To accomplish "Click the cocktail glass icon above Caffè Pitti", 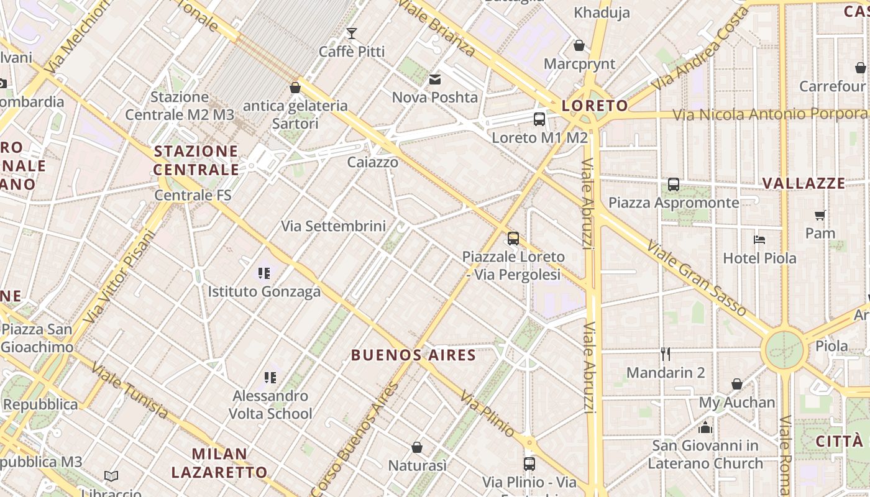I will pos(352,33).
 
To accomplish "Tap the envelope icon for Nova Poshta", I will pos(434,79).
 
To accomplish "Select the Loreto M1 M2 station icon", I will pos(539,119).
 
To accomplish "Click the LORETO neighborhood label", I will pos(595,106).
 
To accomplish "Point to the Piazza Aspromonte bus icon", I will pos(674,185).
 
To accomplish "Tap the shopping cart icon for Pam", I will pos(820,215).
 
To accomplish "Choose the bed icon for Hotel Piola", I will pos(759,240).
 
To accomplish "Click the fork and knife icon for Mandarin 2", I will pos(666,354).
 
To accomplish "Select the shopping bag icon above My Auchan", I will pos(736,384).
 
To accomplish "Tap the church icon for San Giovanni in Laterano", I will pos(705,427).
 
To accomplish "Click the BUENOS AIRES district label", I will pos(413,355).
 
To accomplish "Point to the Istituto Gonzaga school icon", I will pos(264,273).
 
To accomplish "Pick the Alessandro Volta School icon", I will pos(270,377).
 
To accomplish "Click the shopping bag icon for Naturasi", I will pos(417,447).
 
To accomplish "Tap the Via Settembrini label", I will pos(333,226).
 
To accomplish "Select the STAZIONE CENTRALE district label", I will pos(196,160).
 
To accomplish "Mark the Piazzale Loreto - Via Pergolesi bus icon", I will pos(513,238).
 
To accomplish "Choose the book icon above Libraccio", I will pos(111,476).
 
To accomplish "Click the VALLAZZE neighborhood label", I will pos(804,183).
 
